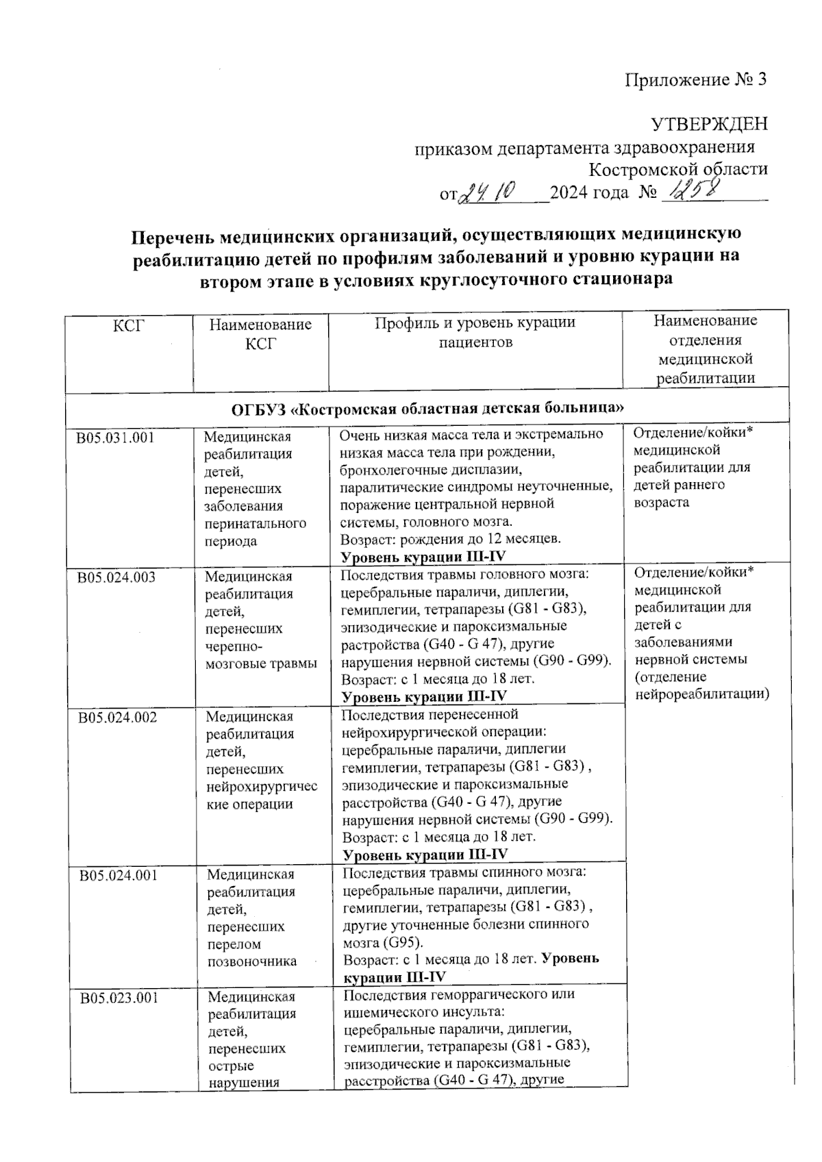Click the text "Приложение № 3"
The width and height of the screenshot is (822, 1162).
(695, 81)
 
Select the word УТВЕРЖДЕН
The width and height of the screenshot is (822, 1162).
(708, 125)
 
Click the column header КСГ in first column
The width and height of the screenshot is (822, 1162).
(129, 325)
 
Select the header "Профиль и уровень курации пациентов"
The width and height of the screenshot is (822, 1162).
(475, 332)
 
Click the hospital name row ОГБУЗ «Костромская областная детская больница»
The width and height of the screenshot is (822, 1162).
(427, 409)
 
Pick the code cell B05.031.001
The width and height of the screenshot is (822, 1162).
(116, 437)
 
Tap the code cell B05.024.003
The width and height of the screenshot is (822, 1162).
(116, 577)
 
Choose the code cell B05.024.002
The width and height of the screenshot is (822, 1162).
(117, 717)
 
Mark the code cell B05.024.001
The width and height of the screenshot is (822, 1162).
(118, 874)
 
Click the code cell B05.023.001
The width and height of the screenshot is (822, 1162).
(119, 998)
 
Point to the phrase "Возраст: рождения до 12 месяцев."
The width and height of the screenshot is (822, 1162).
(451, 539)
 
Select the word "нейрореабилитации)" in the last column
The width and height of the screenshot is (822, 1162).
(702, 694)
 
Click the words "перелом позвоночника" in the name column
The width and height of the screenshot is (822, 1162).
(251, 952)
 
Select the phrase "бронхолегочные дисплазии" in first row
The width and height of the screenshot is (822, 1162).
(431, 470)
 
